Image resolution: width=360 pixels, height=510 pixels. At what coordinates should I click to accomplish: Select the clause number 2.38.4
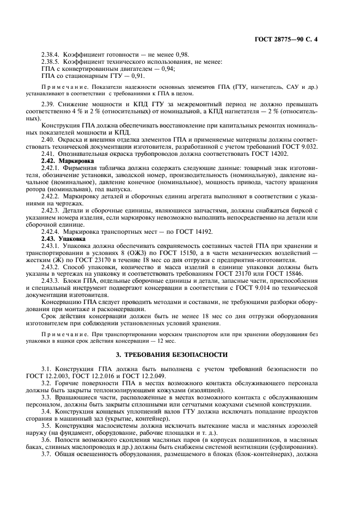point(51,55)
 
